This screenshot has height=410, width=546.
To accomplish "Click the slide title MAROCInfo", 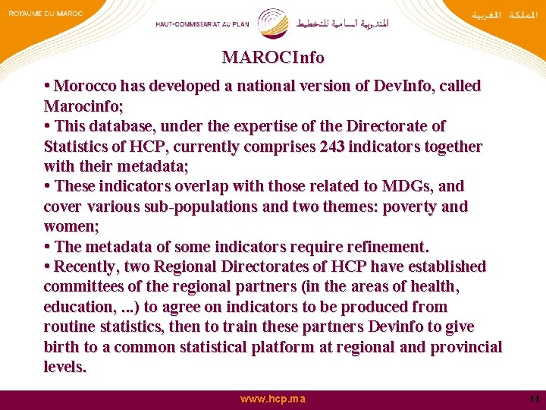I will [273, 58].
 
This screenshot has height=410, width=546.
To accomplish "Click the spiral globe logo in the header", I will [273, 22].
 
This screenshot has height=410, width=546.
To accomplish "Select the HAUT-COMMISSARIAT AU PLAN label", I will [203, 24].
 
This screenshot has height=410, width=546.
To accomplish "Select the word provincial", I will [466, 347].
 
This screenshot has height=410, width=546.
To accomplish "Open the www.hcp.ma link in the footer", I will [273, 399].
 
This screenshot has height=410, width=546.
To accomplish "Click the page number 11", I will [534, 399].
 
